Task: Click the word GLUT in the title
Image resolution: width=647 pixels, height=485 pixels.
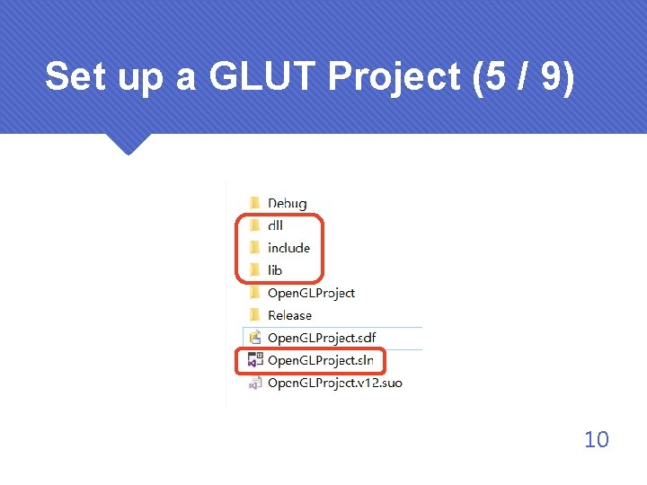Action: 262,77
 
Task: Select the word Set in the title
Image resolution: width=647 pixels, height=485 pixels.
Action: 75,77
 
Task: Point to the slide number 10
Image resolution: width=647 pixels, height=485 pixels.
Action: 596,439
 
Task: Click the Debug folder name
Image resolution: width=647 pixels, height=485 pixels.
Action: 287,204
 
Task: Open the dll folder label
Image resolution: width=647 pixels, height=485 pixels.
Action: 275,225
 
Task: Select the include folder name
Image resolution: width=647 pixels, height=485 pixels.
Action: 288,248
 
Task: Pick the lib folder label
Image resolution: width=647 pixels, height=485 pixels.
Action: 275,270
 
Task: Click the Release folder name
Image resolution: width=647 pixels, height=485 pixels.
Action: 289,315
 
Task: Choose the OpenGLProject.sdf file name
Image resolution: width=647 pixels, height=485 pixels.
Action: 322,338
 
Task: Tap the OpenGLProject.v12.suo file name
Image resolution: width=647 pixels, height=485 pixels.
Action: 334,383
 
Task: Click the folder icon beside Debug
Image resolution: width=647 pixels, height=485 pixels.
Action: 254,204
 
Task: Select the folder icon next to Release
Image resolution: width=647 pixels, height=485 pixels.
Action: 254,315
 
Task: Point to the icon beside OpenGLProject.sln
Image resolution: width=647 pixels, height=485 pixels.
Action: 254,360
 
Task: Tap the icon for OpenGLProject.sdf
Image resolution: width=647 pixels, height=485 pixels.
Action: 254,338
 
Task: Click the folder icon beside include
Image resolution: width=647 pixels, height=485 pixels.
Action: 254,248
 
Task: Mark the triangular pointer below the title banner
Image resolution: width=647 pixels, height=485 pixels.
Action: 127,143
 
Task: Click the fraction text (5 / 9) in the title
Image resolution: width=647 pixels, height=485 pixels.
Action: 519,77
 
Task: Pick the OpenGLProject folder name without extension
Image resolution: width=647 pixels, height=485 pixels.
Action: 311,293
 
